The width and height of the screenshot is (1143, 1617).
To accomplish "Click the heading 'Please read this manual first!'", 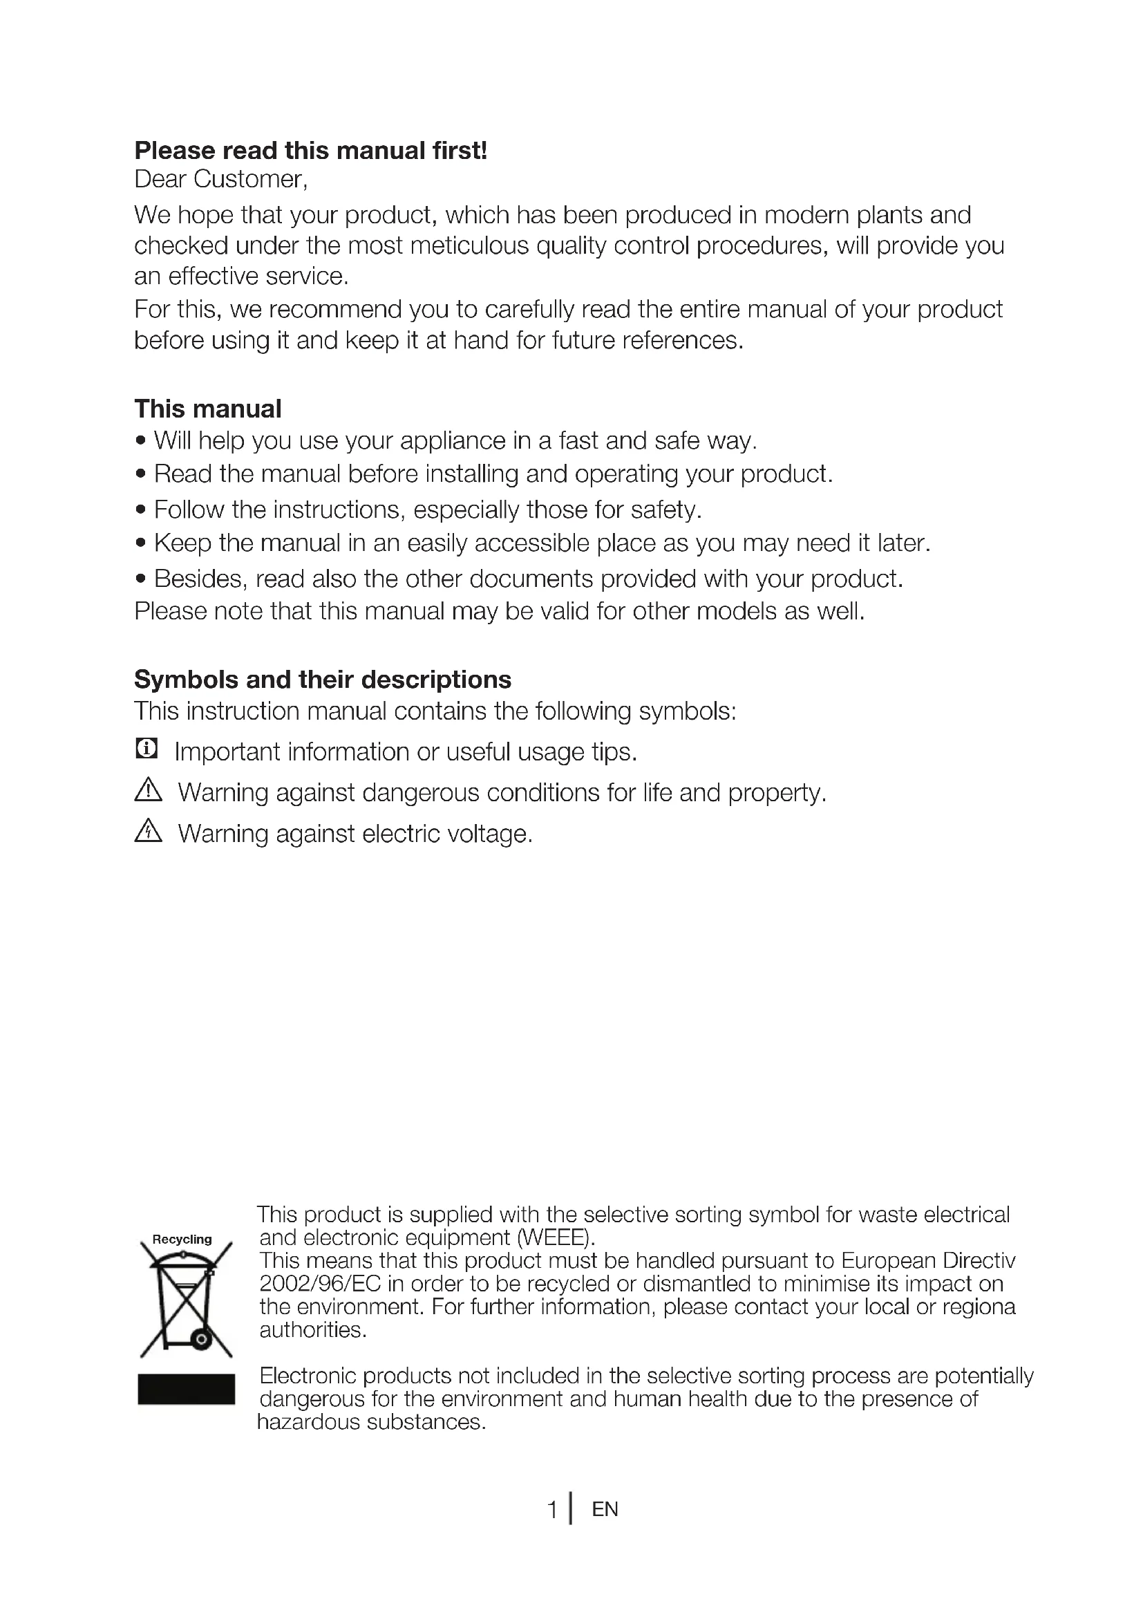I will click(x=310, y=151).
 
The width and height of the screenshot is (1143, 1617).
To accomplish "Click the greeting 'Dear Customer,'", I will click(x=221, y=180).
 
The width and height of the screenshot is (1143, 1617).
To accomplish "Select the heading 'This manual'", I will click(x=207, y=409).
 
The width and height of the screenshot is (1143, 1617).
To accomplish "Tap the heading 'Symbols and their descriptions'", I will click(x=322, y=679).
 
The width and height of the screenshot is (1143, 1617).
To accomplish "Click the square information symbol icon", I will click(x=147, y=748).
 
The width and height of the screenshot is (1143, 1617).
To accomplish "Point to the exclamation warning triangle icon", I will click(x=148, y=790).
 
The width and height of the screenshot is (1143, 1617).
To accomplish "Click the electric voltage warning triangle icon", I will click(x=148, y=832).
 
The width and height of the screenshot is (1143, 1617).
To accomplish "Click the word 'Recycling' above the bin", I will click(x=182, y=1239).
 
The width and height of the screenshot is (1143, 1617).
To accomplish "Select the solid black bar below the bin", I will click(x=186, y=1389).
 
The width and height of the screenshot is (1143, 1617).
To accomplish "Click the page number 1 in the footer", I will click(x=553, y=1509).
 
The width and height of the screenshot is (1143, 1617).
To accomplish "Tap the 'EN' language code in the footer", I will click(x=605, y=1509).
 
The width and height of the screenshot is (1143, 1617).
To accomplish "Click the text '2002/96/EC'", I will click(x=319, y=1283).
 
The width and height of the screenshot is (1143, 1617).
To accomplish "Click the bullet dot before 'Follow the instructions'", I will click(x=141, y=510).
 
